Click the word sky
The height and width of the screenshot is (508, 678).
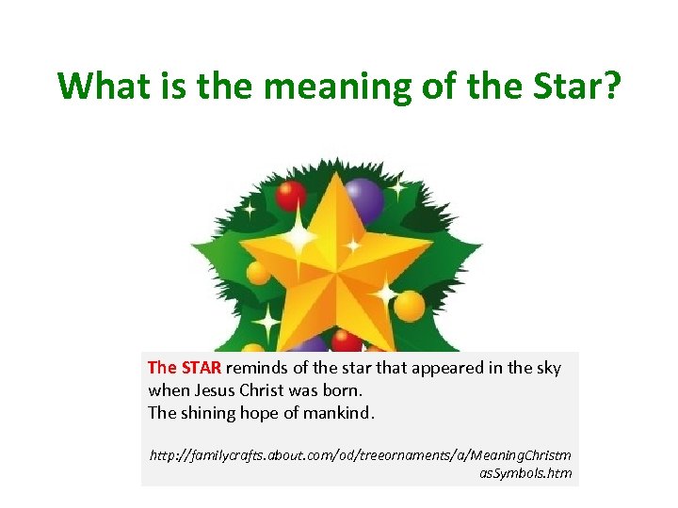click(547, 368)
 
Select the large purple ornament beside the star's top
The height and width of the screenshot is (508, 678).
click(363, 200)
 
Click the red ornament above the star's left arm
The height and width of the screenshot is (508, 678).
click(291, 197)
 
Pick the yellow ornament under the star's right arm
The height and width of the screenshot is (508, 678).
click(410, 305)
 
